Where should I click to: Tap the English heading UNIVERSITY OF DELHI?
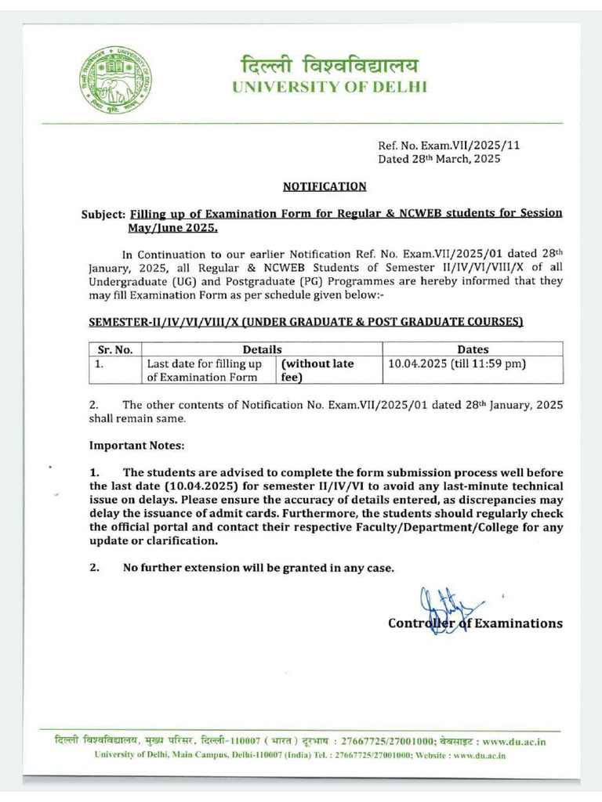click(329, 87)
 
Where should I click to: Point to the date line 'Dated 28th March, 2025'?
click(439, 159)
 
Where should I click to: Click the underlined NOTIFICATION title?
click(325, 186)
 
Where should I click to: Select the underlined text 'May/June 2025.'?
click(173, 228)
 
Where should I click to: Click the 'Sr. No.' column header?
click(114, 349)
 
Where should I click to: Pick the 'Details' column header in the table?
click(262, 349)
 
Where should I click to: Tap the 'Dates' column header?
click(472, 349)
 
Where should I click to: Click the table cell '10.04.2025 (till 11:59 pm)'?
click(457, 364)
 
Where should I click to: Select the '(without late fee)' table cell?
click(317, 370)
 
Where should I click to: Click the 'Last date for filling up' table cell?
click(205, 364)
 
